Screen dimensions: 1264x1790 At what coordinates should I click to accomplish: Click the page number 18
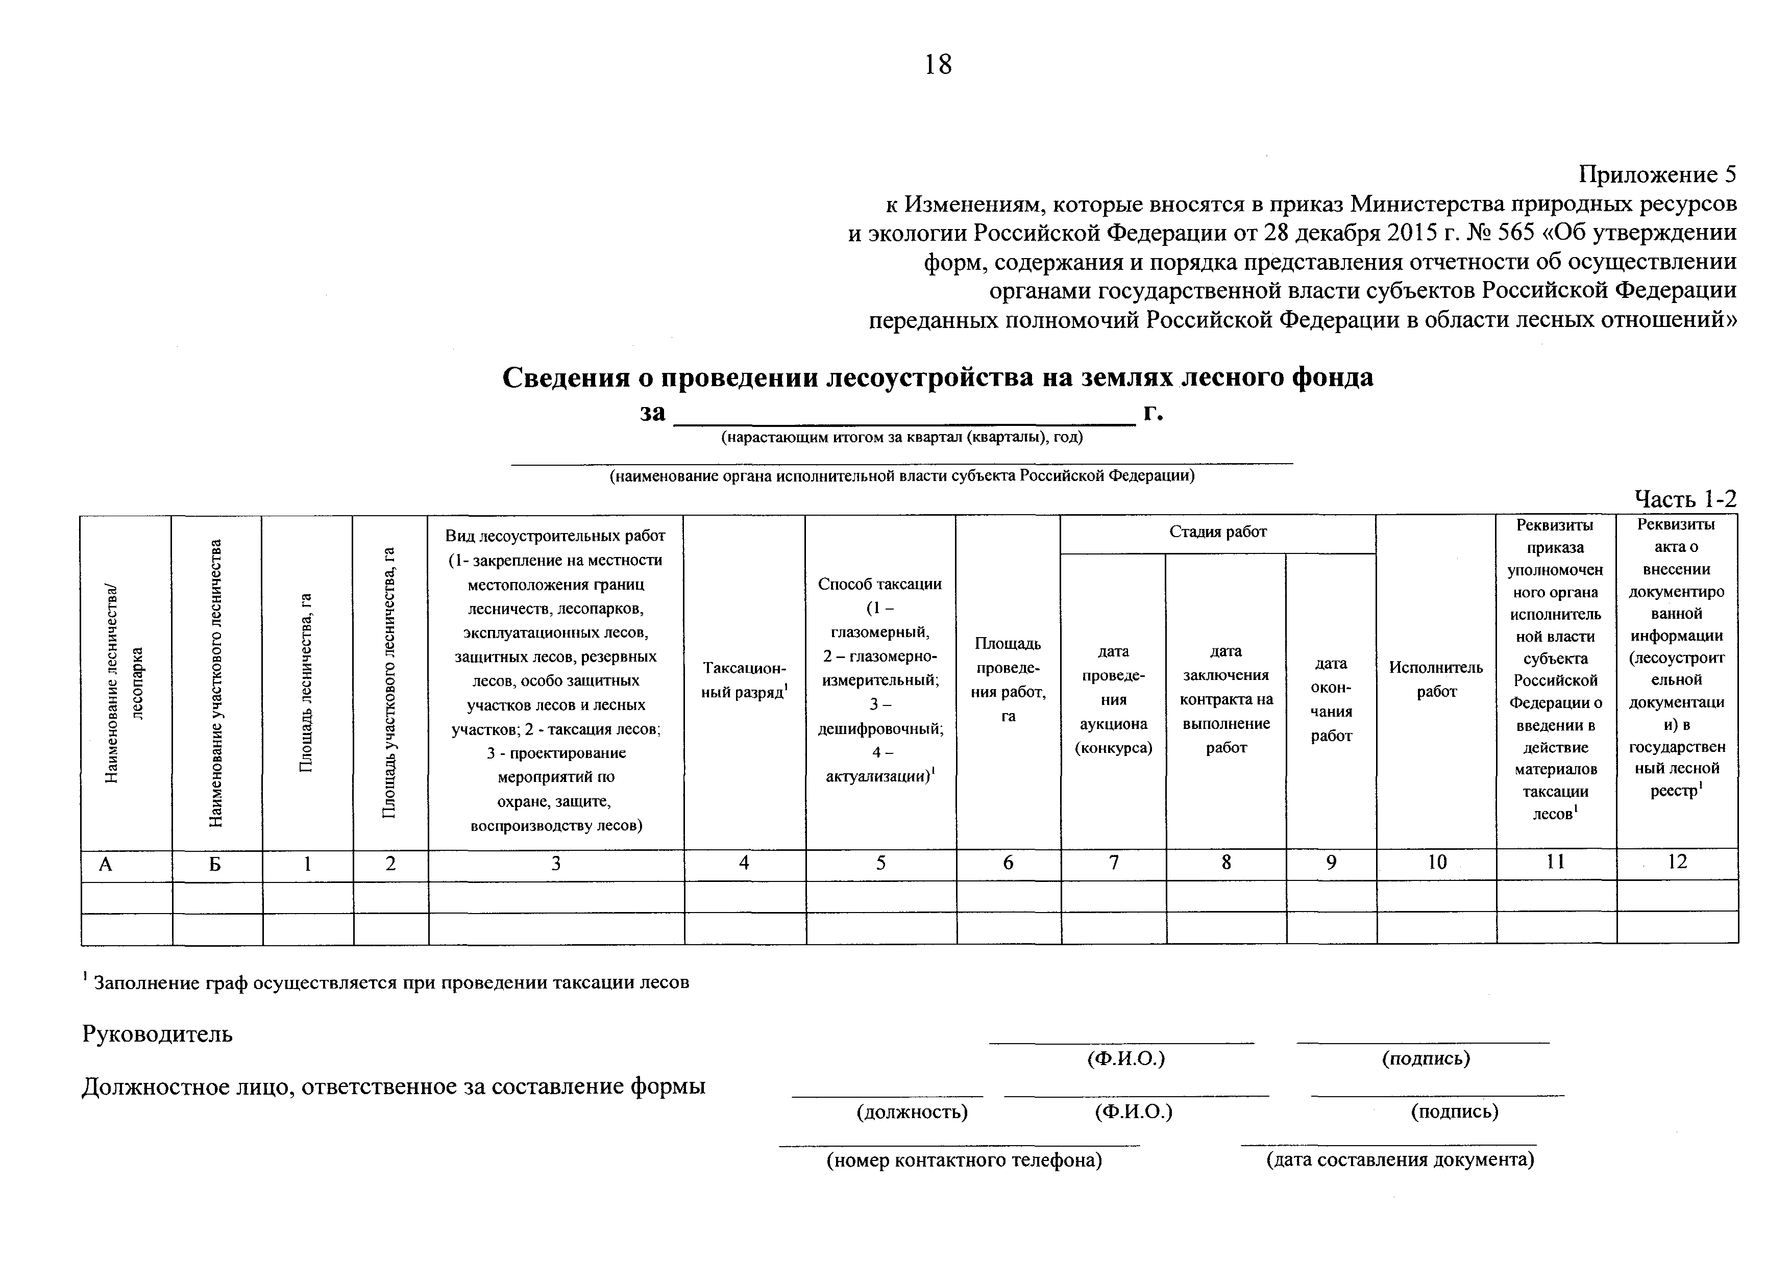tap(938, 65)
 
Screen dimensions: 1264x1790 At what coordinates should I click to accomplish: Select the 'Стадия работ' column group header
tap(1218, 532)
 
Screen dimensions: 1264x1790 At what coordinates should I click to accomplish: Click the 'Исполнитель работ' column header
tap(1436, 679)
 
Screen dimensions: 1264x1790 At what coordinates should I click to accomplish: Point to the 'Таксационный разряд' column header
tap(745, 679)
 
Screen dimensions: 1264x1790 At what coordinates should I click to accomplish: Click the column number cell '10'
tap(1437, 862)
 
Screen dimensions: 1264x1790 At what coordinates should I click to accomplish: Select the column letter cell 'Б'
tap(216, 864)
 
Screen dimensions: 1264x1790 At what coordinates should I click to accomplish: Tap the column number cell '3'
tap(556, 864)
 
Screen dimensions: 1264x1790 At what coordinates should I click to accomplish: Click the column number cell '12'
tap(1677, 861)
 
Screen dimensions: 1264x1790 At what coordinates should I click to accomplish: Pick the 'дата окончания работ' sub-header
tap(1331, 699)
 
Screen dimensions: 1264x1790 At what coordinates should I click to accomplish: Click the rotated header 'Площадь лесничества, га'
tap(306, 682)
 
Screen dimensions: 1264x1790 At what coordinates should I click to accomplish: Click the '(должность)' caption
tap(912, 1112)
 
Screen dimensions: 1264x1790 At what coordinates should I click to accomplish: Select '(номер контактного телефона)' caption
tap(964, 1161)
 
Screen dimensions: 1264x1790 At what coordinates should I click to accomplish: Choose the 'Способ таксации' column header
tap(880, 584)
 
